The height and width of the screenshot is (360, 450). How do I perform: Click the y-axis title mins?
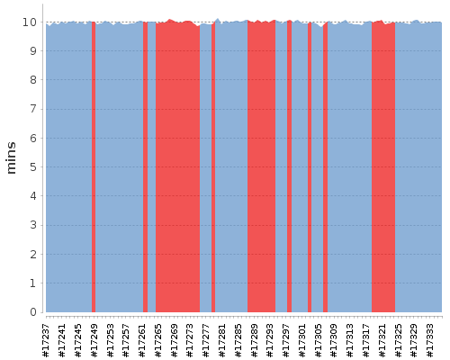11,157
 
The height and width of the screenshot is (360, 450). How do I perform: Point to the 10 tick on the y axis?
30,22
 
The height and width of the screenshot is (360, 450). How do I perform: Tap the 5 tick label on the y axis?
33,167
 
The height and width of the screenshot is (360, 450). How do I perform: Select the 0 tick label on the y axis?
33,312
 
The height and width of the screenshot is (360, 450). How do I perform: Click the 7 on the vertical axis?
33,109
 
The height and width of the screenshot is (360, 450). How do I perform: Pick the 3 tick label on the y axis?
33,225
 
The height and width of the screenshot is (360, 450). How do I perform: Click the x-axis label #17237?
46,340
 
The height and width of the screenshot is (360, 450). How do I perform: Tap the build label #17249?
94,340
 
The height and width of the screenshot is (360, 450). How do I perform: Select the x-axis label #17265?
157,340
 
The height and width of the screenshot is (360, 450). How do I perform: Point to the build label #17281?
221,340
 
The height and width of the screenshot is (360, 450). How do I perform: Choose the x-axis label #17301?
301,340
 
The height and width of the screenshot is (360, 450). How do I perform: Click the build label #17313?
350,340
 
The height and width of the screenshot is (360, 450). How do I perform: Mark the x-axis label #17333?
429,340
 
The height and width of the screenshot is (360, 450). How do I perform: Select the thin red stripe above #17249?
94,166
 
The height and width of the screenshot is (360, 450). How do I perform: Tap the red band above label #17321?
383,166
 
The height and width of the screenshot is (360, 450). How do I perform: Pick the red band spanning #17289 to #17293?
261,166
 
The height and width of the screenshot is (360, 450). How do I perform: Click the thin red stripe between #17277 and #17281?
213,167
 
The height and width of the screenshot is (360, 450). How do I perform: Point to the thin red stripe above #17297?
289,166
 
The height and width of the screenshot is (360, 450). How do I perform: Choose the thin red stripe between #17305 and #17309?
325,166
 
